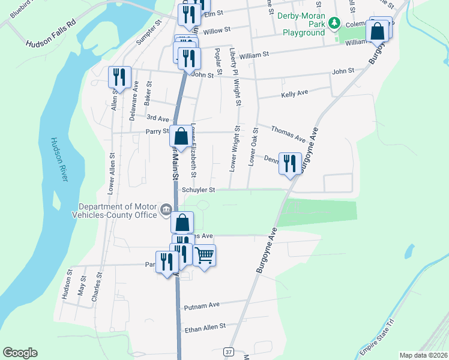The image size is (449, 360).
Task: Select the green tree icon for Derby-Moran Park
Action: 335,24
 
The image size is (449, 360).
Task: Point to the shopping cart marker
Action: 204,256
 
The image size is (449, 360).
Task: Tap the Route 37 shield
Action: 228,351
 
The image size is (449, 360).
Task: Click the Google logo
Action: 20,353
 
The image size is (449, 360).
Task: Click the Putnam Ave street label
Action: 202,305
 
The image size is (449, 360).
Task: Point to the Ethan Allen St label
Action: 205,327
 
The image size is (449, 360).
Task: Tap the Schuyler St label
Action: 198,190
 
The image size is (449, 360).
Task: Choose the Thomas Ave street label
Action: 288,133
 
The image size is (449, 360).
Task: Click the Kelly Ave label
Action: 294,94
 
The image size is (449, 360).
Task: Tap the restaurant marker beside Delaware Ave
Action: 119,77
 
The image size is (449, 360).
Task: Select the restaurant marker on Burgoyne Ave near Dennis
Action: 290,163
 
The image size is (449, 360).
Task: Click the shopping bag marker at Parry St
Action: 181,136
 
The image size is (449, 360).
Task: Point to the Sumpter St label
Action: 150,31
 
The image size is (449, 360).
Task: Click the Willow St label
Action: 217,30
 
